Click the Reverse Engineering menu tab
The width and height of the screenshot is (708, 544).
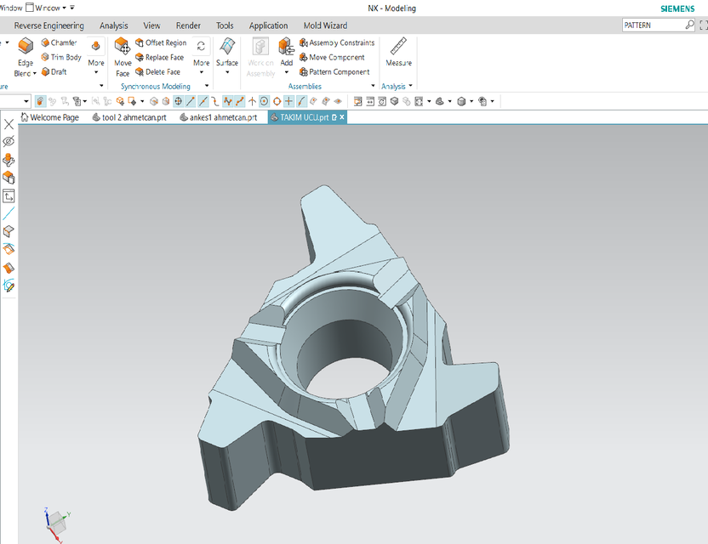[x=49, y=25]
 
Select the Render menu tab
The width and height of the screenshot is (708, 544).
[x=188, y=25]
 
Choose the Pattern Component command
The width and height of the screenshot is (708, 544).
[x=338, y=72]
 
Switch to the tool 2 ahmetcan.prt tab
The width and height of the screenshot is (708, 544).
[x=129, y=117]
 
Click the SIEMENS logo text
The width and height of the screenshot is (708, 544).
[x=677, y=8]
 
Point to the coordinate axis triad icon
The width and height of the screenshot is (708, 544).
[x=56, y=519]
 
